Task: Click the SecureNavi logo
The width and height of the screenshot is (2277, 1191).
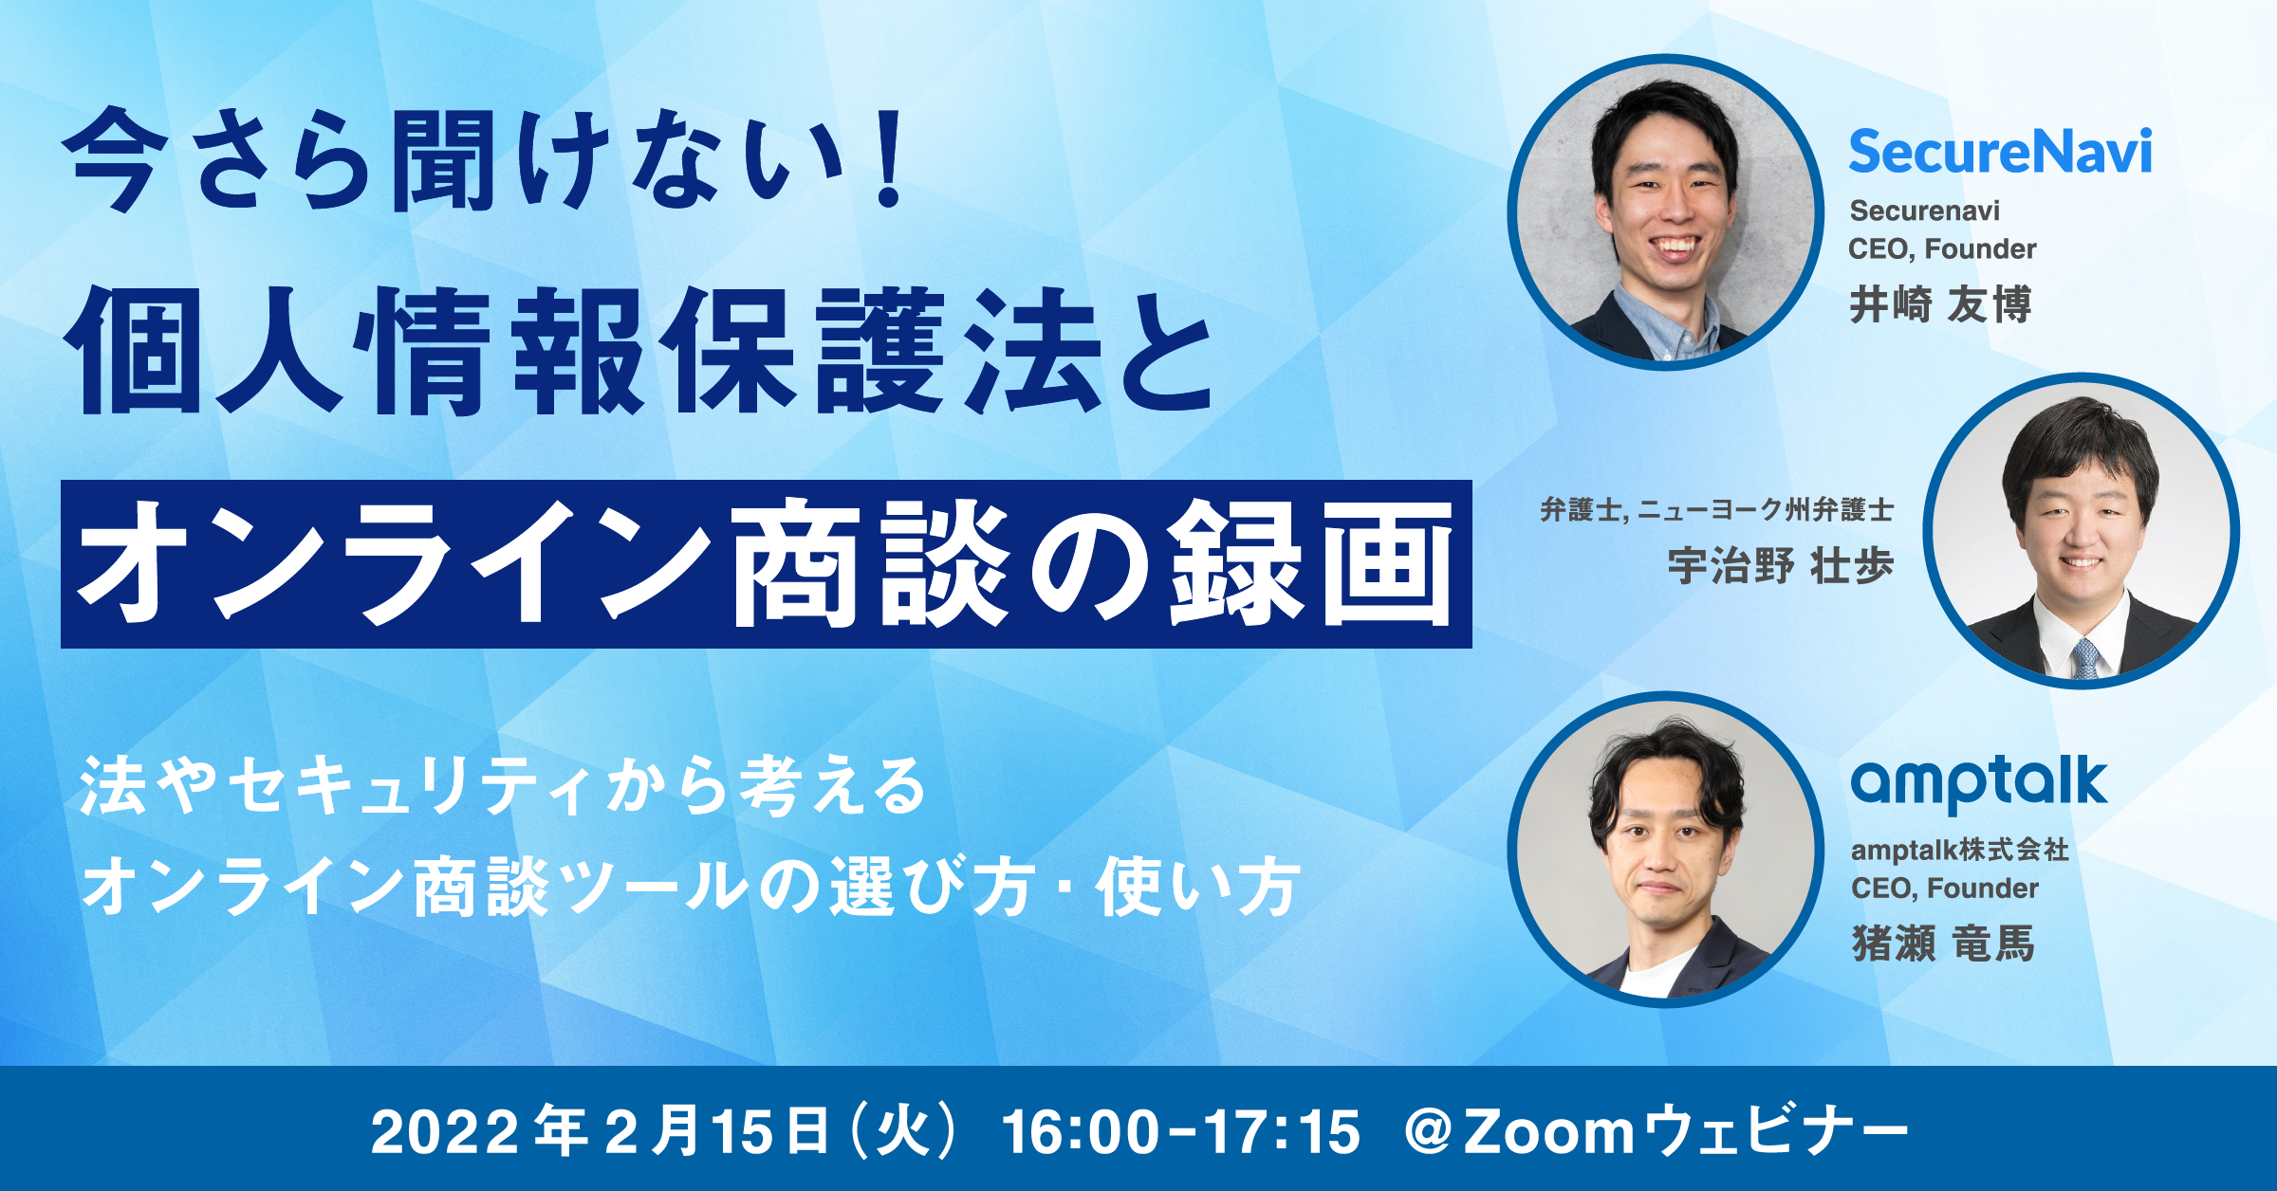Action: coord(2000,153)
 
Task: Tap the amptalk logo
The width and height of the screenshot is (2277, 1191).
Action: coord(1979,782)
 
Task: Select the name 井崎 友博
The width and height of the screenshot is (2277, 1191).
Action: coord(1940,305)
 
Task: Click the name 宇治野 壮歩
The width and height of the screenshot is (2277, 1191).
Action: coord(1780,566)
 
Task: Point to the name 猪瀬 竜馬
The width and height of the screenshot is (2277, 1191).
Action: coord(1943,944)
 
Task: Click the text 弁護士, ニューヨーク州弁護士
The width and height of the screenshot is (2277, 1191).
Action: coord(1716,510)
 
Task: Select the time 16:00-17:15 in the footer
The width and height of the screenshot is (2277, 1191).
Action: coord(1180,1131)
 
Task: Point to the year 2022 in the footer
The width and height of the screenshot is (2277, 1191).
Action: coord(445,1131)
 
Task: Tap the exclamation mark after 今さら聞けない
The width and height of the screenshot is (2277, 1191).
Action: coord(890,159)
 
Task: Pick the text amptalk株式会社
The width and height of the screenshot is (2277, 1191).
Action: coord(1959,850)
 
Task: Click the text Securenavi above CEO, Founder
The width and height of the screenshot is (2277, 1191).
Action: coord(1924,211)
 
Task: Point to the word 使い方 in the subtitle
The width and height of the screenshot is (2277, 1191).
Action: coord(1197,888)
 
